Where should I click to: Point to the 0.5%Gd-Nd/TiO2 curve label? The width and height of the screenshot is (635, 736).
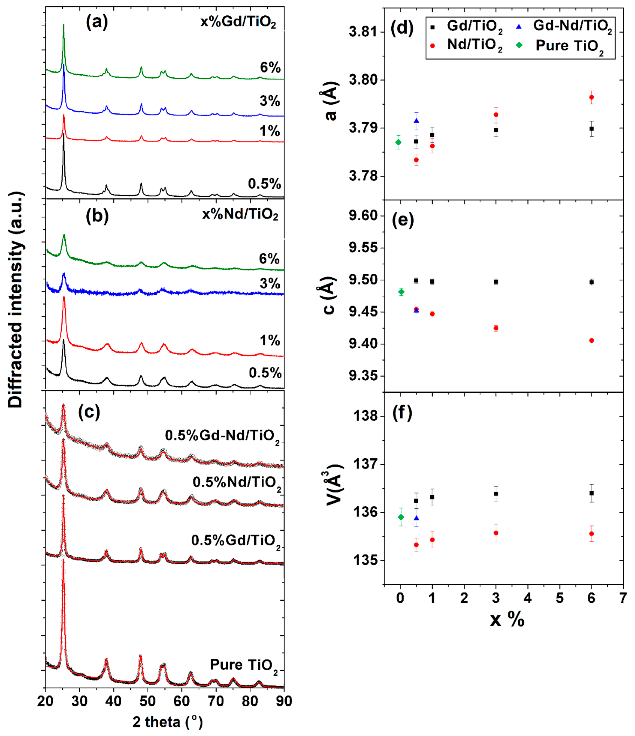coord(222,436)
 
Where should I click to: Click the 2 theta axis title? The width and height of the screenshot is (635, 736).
coord(167,722)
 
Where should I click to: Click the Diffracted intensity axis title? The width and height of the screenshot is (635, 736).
coord(16,300)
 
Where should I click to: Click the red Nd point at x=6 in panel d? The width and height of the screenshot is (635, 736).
coord(591,97)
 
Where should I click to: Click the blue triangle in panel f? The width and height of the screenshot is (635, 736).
coord(416,518)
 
